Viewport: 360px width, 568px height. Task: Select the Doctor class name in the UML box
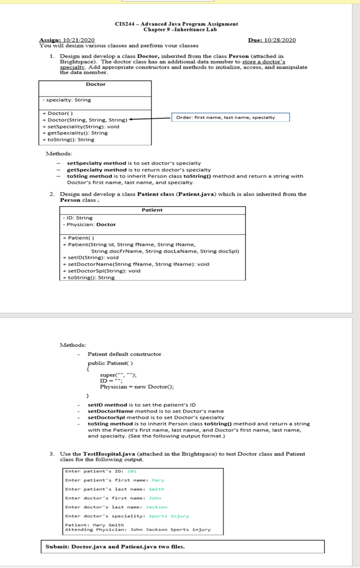[96, 84]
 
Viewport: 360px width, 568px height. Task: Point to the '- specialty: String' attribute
[67, 100]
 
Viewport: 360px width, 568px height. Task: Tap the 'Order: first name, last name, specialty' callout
[230, 117]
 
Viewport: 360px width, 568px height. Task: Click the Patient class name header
[152, 210]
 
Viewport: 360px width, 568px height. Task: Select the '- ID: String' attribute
[78, 218]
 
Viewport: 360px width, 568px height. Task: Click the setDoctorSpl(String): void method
[101, 271]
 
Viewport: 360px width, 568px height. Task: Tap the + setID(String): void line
[90, 258]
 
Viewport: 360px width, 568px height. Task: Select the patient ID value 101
[132, 471]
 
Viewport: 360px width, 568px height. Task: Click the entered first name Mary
[158, 480]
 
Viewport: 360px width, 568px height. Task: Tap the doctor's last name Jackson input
[157, 507]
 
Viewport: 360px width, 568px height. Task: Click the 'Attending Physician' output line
[138, 530]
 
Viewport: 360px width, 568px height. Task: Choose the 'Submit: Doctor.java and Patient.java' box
[182, 547]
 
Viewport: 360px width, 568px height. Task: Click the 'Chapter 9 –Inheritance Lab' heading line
[180, 30]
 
